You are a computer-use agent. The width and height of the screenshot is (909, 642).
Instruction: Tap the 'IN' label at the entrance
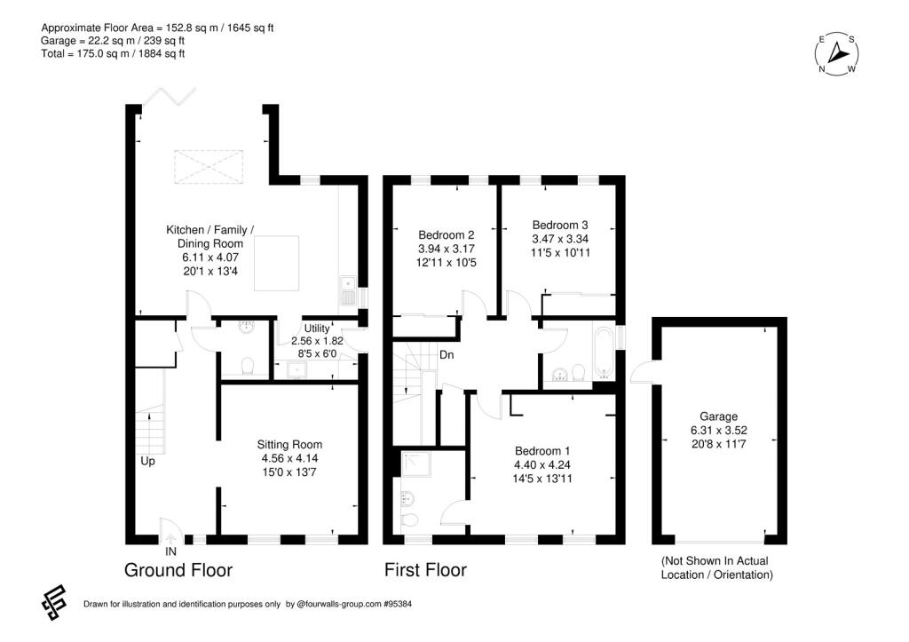coord(170,551)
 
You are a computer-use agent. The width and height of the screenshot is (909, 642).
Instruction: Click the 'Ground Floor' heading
coord(178,570)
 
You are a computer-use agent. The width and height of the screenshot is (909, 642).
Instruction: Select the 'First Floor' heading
coord(424,570)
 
